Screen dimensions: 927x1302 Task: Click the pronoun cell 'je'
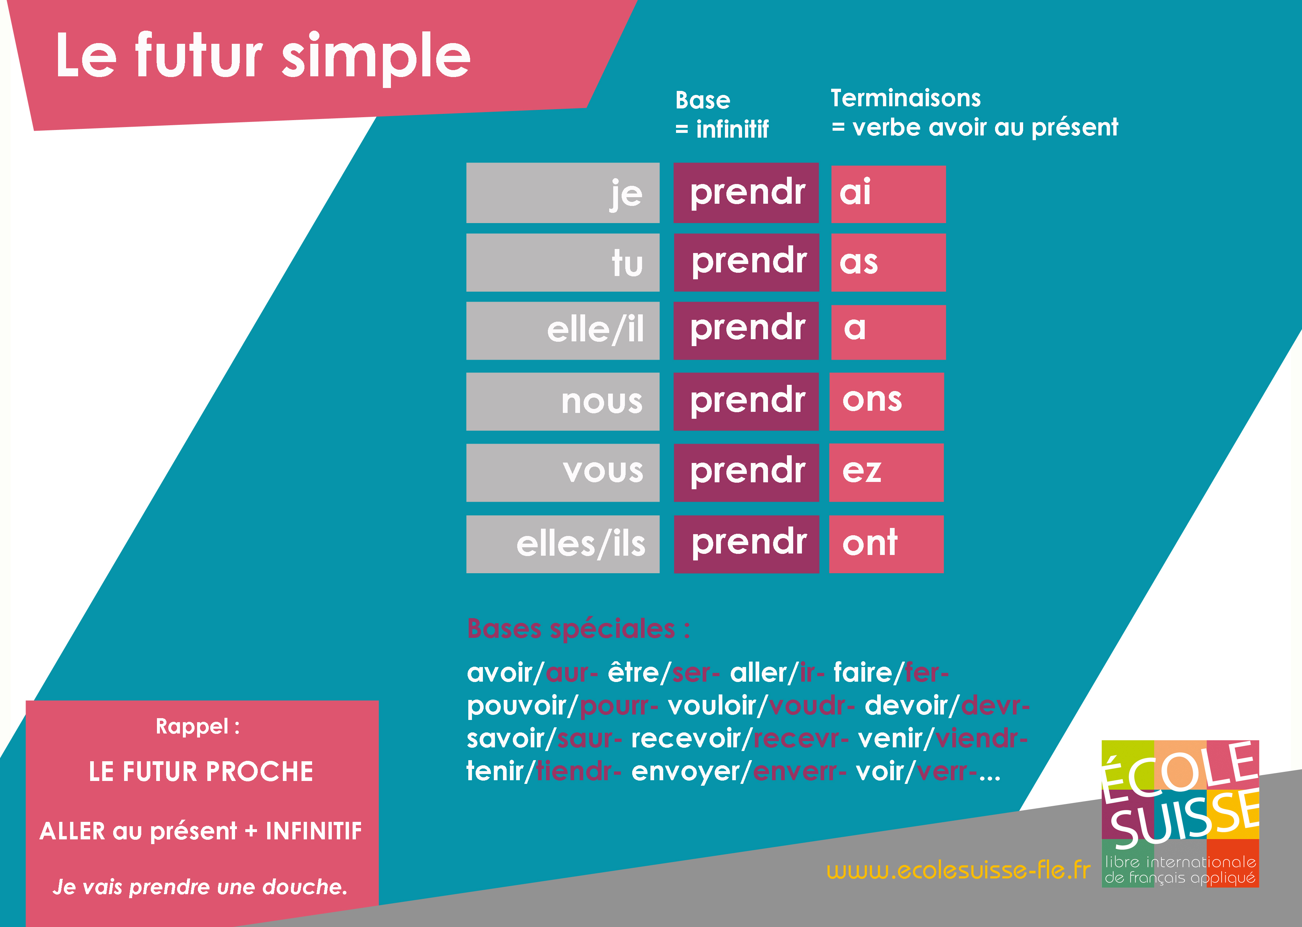(562, 193)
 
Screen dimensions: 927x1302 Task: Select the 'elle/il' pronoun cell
(562, 330)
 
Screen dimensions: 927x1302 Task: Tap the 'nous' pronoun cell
(562, 401)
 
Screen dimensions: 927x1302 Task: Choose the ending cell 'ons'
(886, 401)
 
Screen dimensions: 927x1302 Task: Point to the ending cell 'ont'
(886, 543)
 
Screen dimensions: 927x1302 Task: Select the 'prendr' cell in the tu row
(746, 262)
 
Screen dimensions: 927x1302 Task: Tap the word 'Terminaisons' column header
(906, 98)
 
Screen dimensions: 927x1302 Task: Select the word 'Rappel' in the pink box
(192, 726)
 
